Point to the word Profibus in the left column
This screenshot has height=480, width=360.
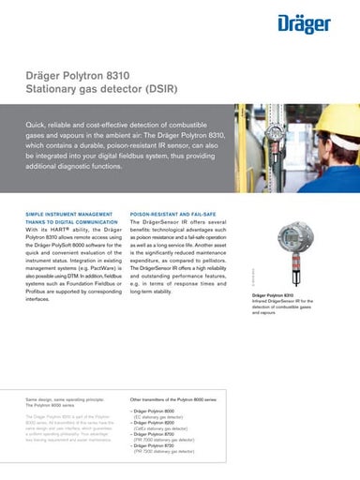[37, 277]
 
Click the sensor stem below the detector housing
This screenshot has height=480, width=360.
[292, 286]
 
